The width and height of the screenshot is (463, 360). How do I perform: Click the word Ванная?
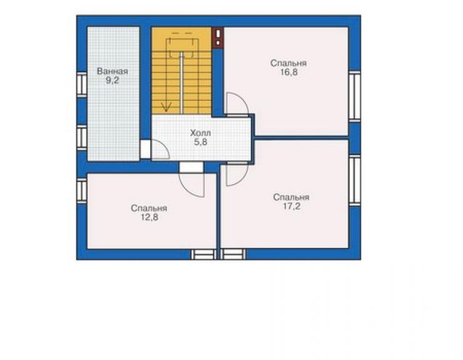tap(112, 71)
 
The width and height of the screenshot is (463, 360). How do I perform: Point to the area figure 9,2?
tap(112, 80)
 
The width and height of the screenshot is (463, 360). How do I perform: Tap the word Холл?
tap(200, 133)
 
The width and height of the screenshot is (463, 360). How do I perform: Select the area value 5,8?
tap(200, 142)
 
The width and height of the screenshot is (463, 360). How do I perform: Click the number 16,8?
tap(289, 72)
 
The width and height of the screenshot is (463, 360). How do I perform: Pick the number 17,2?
tap(292, 207)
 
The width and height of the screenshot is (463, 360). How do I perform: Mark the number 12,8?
tap(150, 217)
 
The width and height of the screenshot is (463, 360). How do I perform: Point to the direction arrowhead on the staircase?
tap(166, 107)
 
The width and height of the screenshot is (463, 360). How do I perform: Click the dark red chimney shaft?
tap(218, 37)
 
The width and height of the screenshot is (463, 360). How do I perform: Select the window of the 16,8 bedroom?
tap(354, 96)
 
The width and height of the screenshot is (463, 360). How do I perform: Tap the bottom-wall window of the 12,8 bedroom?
tap(203, 254)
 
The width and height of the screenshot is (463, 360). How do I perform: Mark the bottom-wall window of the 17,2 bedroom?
tap(233, 254)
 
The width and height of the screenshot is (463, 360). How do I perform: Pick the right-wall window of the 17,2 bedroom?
tap(354, 180)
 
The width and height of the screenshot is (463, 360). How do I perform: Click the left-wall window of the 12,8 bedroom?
tap(82, 190)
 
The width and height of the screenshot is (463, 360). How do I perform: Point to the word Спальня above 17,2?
tap(291, 197)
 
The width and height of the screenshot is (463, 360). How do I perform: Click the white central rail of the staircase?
tap(181, 83)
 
